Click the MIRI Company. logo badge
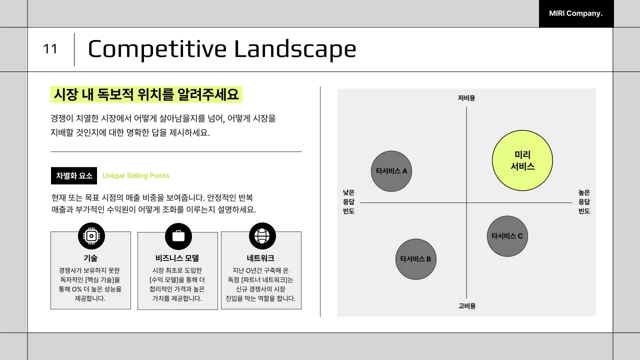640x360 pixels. coord(576,13)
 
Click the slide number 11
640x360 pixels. coord(50,49)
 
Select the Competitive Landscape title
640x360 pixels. coord(221,49)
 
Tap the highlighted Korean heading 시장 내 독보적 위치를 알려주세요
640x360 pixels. coord(146,94)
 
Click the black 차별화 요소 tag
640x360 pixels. coord(74,175)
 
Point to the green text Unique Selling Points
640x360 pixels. coord(135,175)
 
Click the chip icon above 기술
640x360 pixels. coord(91,236)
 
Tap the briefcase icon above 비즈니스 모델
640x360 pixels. coord(178,236)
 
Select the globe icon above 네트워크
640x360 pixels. coord(262,236)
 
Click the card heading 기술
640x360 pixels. coord(90,258)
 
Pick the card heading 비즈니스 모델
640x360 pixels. coord(177,258)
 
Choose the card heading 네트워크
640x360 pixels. coord(260,258)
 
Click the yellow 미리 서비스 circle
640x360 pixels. coord(522,160)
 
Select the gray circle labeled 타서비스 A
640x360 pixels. coord(391,171)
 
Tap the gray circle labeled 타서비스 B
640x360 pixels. coord(415,259)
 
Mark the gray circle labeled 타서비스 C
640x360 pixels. coord(507,236)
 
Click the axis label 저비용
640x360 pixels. coord(466,98)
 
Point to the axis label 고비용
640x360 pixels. coord(466,306)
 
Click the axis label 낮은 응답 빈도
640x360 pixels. coord(348,201)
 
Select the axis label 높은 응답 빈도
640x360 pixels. coord(584,201)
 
